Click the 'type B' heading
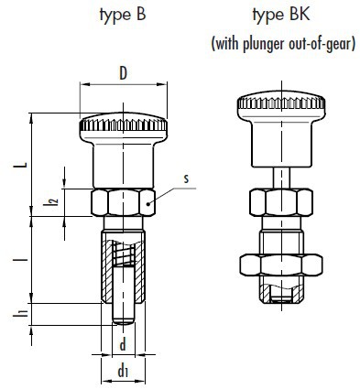click(x=123, y=16)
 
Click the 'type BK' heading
click(x=281, y=16)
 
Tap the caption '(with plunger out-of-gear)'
click(x=283, y=44)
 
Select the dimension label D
click(x=123, y=73)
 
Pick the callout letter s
click(x=186, y=178)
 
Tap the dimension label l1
click(x=19, y=312)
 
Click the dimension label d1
click(x=123, y=371)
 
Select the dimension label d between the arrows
click(x=123, y=345)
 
